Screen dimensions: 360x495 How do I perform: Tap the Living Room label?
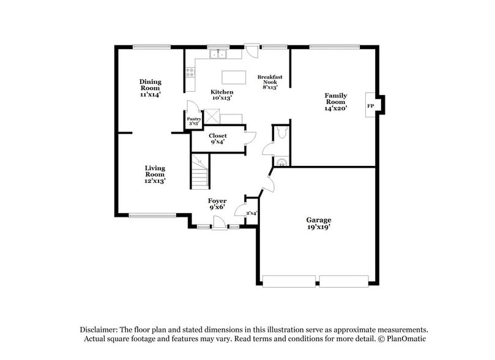point(155,174)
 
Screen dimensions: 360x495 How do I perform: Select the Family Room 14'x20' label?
point(336,102)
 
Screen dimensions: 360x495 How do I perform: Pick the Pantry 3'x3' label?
point(194,121)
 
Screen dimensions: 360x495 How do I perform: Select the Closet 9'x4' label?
point(217,139)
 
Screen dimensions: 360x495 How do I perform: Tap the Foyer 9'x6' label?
point(217,204)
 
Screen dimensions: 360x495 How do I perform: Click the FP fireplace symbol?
point(370,106)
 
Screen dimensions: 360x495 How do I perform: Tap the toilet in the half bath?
point(281,133)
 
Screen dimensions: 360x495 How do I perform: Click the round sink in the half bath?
point(281,162)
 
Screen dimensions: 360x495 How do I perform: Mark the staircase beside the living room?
point(200,171)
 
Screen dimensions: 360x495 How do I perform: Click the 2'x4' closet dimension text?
point(251,214)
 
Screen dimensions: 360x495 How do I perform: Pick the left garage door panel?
point(289,281)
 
